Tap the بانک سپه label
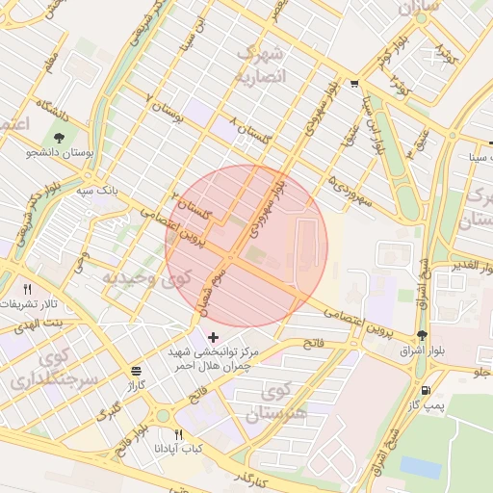[x=99, y=191]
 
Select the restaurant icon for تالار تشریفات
[x=28, y=289]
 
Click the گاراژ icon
[x=136, y=371]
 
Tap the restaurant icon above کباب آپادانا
[x=178, y=435]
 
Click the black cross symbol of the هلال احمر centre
[x=213, y=336]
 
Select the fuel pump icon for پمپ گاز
[x=426, y=391]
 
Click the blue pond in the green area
[x=419, y=466]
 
